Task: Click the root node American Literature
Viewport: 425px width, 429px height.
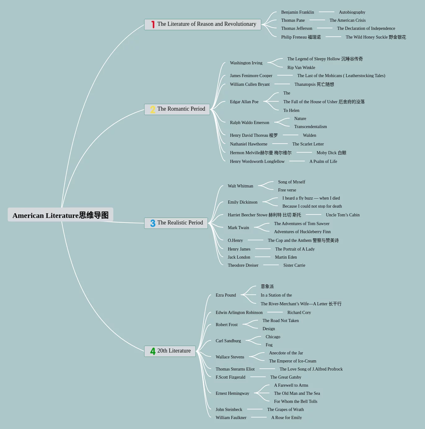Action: (x=60, y=215)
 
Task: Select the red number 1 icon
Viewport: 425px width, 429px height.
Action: (x=153, y=25)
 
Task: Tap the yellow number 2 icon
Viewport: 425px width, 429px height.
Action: (x=152, y=109)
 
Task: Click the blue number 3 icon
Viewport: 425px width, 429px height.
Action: (x=153, y=223)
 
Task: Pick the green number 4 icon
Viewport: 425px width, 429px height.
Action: (x=153, y=351)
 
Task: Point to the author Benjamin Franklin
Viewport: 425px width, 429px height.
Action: (x=297, y=12)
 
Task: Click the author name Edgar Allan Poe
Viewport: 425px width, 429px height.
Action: (x=244, y=102)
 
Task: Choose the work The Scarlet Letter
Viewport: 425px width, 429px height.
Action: (x=308, y=144)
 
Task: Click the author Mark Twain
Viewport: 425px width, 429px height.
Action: (x=238, y=228)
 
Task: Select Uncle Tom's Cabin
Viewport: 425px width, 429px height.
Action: (x=342, y=215)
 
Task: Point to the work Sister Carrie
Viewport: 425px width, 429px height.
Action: (x=294, y=265)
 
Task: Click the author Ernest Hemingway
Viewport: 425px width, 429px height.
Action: (x=232, y=394)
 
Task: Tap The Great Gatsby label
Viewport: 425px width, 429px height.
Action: (x=286, y=377)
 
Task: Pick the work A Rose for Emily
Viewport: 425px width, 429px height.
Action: (x=286, y=418)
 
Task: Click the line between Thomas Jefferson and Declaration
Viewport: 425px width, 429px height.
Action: (x=324, y=28)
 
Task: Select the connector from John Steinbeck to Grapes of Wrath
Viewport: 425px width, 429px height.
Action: (x=255, y=409)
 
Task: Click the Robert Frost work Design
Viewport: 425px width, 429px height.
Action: (x=269, y=329)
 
